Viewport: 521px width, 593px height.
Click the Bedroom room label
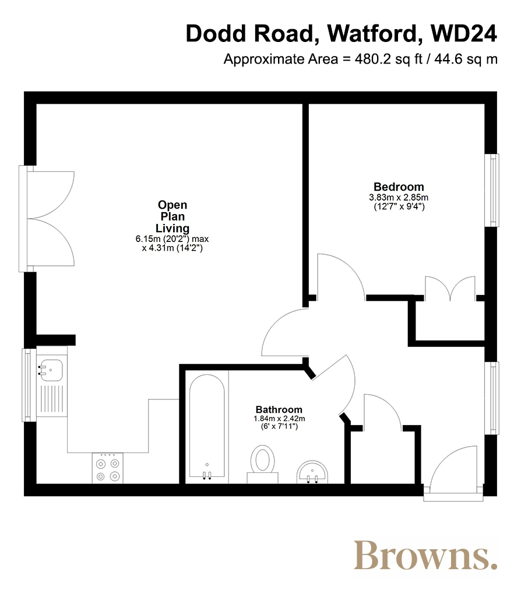click(x=399, y=187)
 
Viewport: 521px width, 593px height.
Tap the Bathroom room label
click(x=279, y=409)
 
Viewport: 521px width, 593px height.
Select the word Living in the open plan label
click(x=173, y=229)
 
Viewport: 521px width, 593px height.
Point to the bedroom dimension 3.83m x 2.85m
click(x=399, y=198)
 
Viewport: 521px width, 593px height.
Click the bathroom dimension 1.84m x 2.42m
click(x=279, y=419)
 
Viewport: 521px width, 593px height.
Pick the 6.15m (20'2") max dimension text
click(x=172, y=239)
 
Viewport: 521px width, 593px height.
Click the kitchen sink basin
click(x=51, y=370)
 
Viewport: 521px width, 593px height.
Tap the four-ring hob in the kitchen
click(x=108, y=468)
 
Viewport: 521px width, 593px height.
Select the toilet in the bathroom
click(x=262, y=464)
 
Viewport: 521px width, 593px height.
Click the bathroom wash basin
click(x=312, y=472)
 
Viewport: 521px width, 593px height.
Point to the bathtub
click(x=207, y=426)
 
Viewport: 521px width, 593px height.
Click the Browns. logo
click(x=425, y=555)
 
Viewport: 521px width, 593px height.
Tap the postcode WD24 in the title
click(x=464, y=33)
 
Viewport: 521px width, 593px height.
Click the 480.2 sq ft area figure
click(x=388, y=59)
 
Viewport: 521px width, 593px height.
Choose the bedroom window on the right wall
click(x=492, y=190)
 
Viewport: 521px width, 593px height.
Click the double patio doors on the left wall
click(x=47, y=219)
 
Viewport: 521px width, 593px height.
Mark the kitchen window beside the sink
click(x=27, y=385)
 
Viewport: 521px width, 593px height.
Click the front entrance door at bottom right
click(x=453, y=473)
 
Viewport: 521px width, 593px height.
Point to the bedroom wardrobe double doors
click(x=450, y=289)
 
